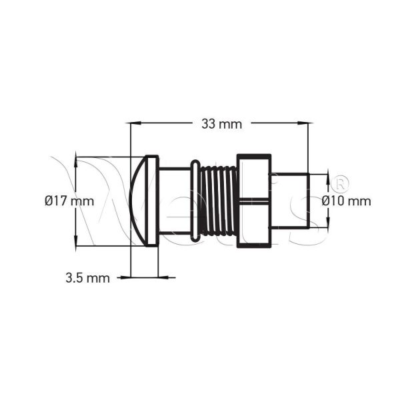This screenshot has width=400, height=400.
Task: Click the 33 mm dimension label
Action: click(x=221, y=124)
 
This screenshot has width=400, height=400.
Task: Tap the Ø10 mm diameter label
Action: click(x=346, y=201)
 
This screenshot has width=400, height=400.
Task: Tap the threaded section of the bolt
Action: click(x=217, y=200)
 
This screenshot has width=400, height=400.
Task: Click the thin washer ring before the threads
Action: click(x=194, y=200)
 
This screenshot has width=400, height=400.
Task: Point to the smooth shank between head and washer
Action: click(x=175, y=200)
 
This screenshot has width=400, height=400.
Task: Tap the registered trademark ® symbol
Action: click(x=339, y=182)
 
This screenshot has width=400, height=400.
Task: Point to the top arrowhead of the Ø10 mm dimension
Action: click(x=327, y=177)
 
